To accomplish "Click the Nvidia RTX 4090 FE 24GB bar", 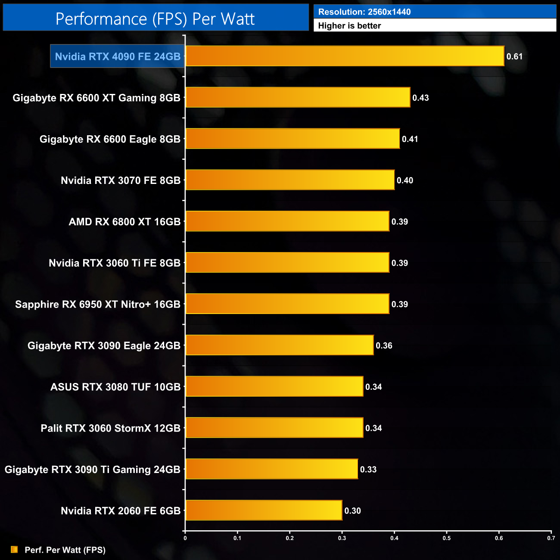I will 345,56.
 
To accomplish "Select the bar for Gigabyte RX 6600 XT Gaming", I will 297,97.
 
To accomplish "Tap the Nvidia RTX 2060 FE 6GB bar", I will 264,510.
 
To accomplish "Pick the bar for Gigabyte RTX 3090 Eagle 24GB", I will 279,345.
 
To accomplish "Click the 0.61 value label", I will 514,56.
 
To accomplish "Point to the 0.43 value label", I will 420,98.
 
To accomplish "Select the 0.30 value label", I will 352,511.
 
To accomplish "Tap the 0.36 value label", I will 384,345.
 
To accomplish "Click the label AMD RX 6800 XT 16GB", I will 124,222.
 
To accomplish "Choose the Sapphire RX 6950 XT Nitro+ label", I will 98,305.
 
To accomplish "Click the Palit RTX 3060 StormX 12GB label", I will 110,428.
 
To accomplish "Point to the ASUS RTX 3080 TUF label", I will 115,387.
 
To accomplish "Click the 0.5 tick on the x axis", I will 447,538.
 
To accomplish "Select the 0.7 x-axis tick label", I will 551,538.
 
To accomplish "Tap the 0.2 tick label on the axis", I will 290,538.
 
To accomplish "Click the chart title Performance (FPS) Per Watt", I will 155,19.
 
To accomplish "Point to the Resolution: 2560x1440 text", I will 364,12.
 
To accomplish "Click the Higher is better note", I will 349,26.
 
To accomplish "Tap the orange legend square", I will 14,549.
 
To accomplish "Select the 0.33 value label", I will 368,470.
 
